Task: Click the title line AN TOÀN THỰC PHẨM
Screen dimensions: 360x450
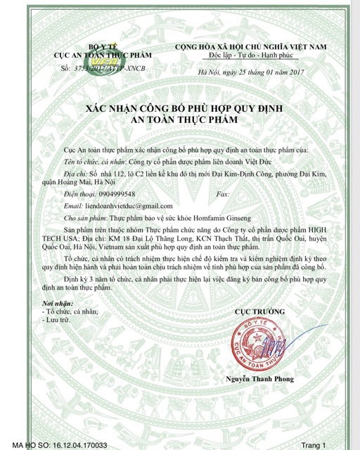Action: pos(180,120)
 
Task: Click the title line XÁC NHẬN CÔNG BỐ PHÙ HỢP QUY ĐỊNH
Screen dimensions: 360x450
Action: pos(180,109)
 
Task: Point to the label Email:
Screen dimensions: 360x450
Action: pos(74,205)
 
